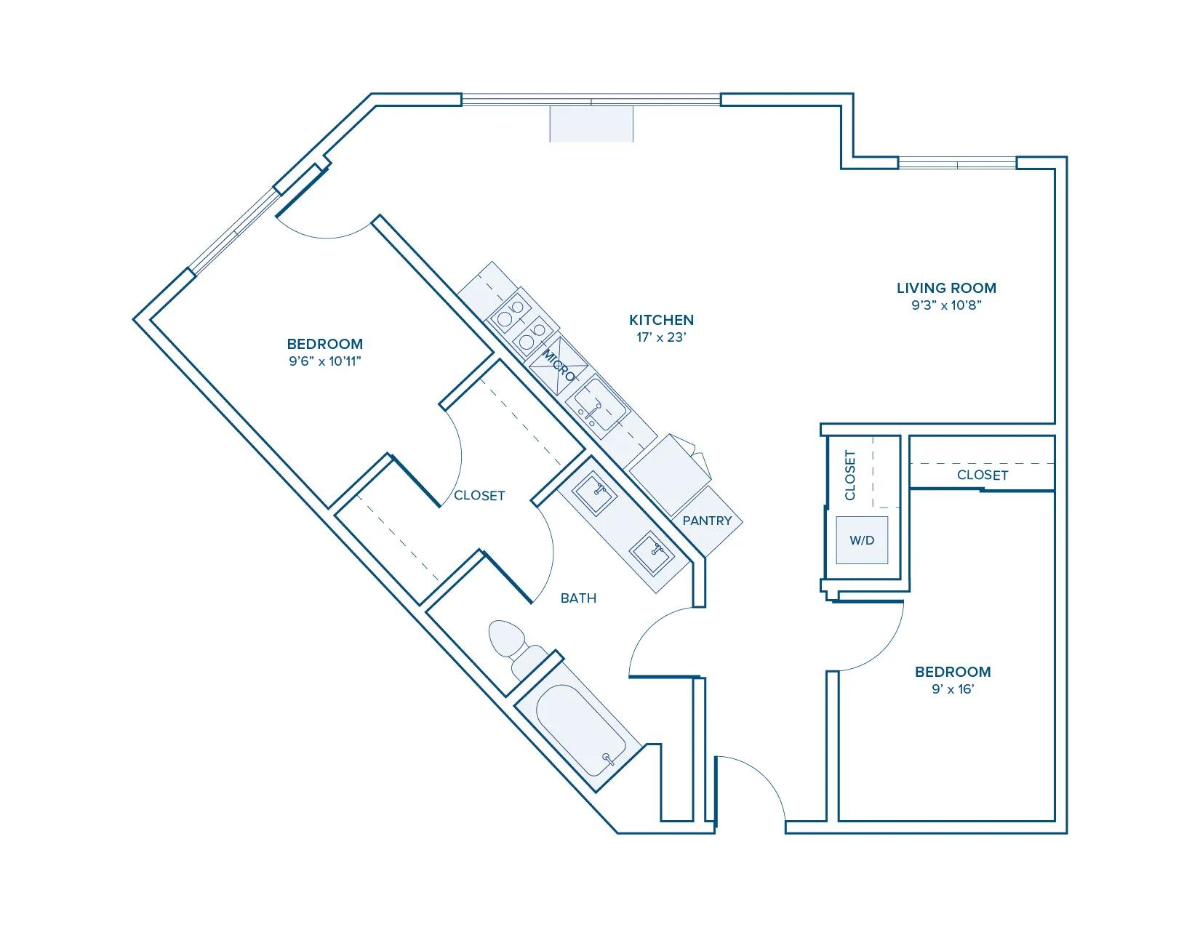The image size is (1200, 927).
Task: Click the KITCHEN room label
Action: (661, 320)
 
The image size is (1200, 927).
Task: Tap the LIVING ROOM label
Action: (946, 288)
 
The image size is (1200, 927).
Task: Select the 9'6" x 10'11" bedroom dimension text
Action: (324, 361)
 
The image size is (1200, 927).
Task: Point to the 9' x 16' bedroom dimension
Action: (953, 689)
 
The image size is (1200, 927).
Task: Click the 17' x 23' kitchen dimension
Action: (661, 337)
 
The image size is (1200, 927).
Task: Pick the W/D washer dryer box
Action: (862, 540)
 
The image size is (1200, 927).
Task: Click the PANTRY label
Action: (707, 521)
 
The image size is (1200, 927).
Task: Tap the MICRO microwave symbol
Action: (559, 366)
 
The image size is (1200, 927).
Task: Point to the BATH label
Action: (578, 598)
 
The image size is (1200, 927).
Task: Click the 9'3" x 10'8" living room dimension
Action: (946, 305)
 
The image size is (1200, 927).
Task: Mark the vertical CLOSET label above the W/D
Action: (850, 475)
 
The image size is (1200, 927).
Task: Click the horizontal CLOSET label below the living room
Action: (983, 475)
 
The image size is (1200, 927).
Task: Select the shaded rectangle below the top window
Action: (591, 124)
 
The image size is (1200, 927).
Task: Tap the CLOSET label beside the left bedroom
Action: (479, 496)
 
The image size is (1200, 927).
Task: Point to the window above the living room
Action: (957, 164)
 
